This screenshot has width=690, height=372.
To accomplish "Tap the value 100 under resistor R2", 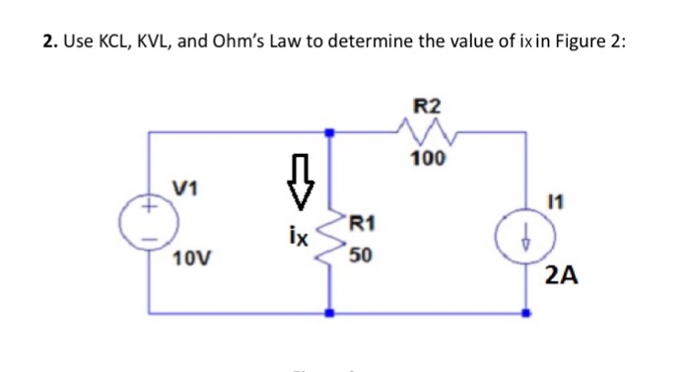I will (429, 158).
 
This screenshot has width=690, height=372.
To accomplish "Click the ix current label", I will (297, 238).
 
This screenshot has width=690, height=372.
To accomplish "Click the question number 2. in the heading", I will (49, 42).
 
